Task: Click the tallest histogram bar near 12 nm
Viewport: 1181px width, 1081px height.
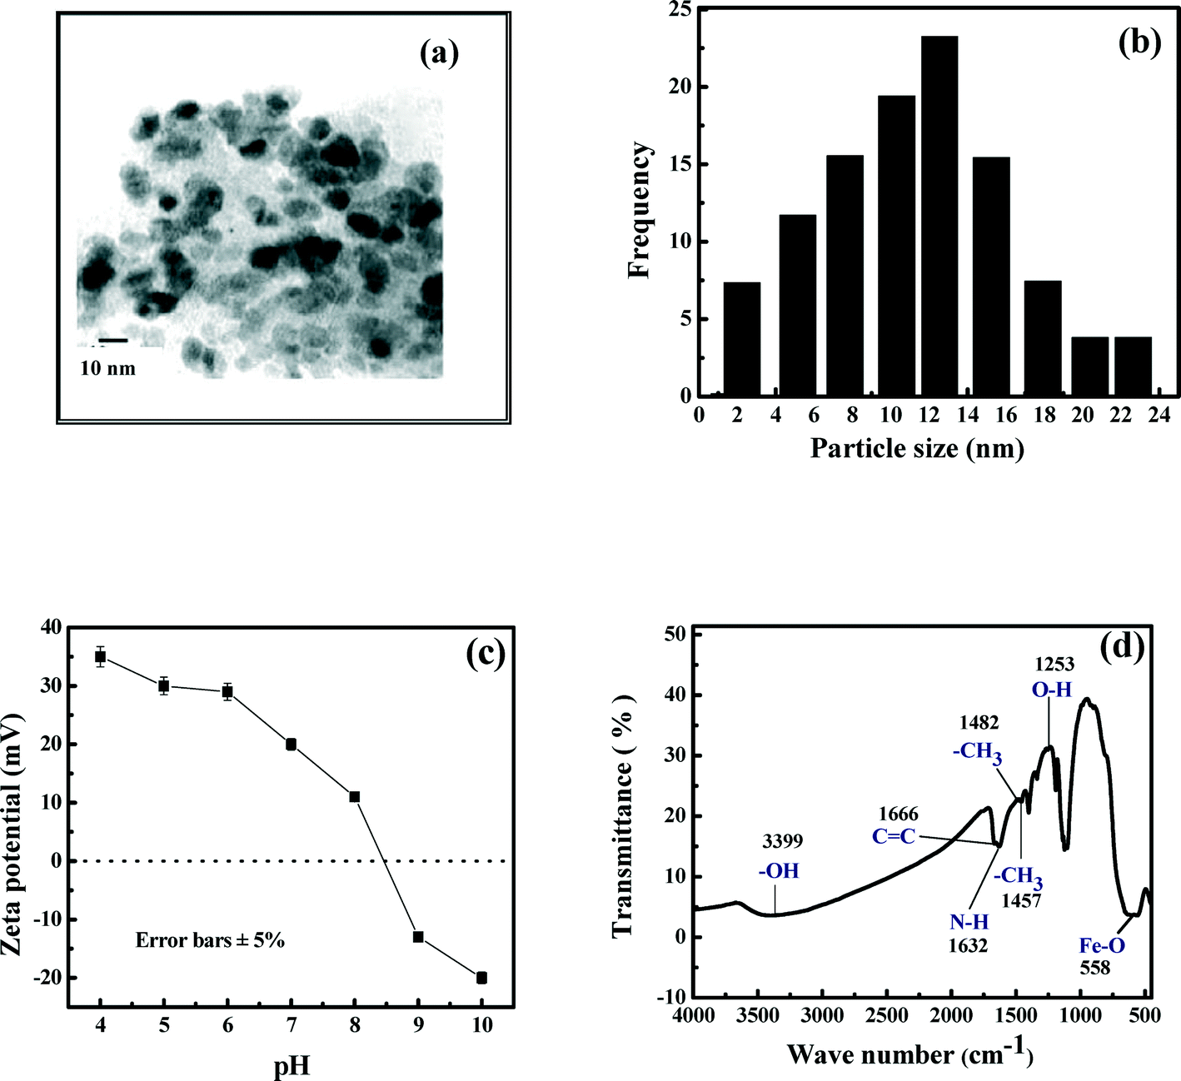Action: pyautogui.click(x=939, y=217)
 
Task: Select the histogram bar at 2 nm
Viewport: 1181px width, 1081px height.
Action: pyautogui.click(x=741, y=340)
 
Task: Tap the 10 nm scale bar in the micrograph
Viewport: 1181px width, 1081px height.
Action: pyautogui.click(x=113, y=341)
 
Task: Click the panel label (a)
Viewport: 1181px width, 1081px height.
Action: pyautogui.click(x=440, y=54)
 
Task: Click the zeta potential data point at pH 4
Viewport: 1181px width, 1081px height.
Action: pyautogui.click(x=100, y=657)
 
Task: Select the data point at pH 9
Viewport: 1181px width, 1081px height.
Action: pyautogui.click(x=418, y=937)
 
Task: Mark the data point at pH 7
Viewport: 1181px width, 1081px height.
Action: pyautogui.click(x=291, y=745)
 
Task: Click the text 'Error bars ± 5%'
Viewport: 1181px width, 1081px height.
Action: pyautogui.click(x=210, y=940)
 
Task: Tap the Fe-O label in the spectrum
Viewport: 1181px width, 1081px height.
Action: pyautogui.click(x=1102, y=945)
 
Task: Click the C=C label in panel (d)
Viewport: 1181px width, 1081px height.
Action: pyautogui.click(x=894, y=835)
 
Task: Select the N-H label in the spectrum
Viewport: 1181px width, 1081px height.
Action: pyautogui.click(x=969, y=922)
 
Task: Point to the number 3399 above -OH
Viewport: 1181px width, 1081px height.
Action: pyautogui.click(x=782, y=842)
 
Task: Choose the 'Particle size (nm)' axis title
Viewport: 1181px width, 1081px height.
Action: pyautogui.click(x=917, y=449)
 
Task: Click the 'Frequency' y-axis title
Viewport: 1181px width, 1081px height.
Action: pyautogui.click(x=640, y=210)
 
